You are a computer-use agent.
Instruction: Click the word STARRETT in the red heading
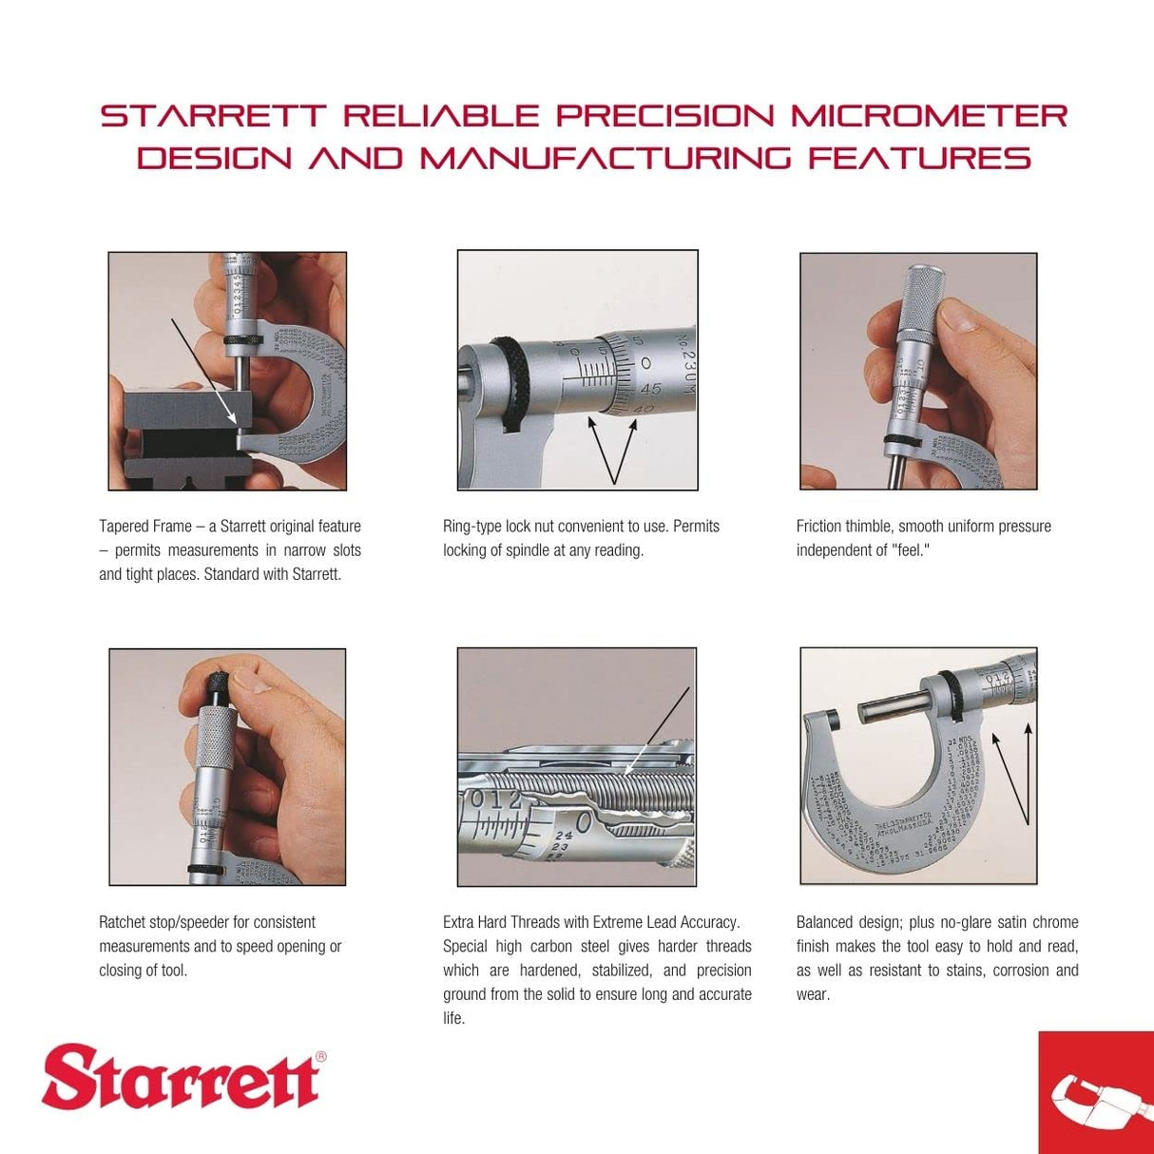tap(214, 116)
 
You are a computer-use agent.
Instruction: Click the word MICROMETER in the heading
tap(929, 116)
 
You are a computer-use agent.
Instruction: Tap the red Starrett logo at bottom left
tap(182, 1077)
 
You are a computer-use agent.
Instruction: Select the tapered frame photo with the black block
tap(227, 371)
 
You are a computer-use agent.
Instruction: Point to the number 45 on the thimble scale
tap(650, 389)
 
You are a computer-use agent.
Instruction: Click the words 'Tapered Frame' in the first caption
tap(144, 527)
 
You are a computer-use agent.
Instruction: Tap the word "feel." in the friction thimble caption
tap(913, 550)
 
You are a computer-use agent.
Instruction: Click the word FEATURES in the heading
tap(919, 158)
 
